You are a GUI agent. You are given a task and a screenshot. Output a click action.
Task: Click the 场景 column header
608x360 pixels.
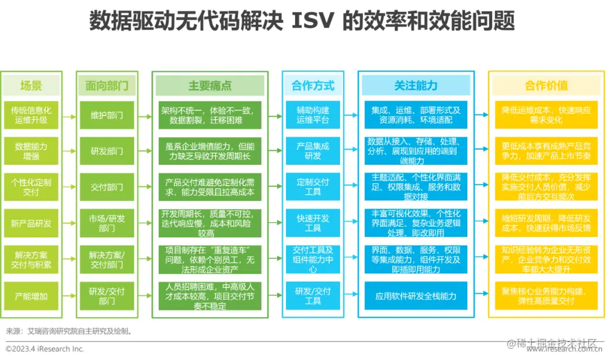pyautogui.click(x=31, y=86)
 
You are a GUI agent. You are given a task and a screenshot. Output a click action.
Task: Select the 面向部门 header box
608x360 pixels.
pyautogui.click(x=107, y=86)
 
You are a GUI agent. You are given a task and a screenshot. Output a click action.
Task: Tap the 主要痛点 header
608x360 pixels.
pyautogui.click(x=210, y=86)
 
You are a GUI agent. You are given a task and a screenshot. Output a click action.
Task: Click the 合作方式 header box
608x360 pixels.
pyautogui.click(x=313, y=86)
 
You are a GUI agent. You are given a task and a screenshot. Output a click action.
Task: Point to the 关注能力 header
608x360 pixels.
pyautogui.click(x=415, y=86)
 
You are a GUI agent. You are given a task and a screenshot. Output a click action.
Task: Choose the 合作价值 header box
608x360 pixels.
pyautogui.click(x=546, y=86)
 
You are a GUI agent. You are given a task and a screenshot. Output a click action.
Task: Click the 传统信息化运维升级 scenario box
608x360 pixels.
pyautogui.click(x=31, y=115)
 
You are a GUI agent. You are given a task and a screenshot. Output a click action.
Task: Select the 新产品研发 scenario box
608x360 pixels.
pyautogui.click(x=31, y=223)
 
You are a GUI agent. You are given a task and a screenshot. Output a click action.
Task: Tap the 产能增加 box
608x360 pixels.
pyautogui.click(x=31, y=295)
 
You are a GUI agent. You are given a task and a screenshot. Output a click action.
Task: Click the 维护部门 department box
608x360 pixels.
pyautogui.click(x=107, y=115)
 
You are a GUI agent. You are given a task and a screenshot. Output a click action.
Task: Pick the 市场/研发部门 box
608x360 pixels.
pyautogui.click(x=107, y=223)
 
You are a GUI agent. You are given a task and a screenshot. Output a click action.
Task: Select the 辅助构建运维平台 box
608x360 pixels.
pyautogui.click(x=313, y=115)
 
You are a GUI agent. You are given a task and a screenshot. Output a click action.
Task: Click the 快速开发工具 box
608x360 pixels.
pyautogui.click(x=313, y=223)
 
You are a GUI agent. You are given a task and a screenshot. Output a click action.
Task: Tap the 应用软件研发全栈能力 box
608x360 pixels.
pyautogui.click(x=415, y=295)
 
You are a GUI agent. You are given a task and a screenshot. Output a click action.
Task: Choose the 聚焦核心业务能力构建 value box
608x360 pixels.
pyautogui.click(x=546, y=295)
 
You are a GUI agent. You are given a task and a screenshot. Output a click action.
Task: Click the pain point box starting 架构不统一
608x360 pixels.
pyautogui.click(x=210, y=115)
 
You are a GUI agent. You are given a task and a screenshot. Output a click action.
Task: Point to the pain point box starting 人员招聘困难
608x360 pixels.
pyautogui.click(x=210, y=295)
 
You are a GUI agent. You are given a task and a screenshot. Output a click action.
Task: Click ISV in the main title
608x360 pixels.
pyautogui.click(x=312, y=21)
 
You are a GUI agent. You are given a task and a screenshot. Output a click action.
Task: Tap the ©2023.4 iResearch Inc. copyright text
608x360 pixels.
pyautogui.click(x=45, y=349)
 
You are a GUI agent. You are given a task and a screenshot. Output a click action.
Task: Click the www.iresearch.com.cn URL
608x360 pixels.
pyautogui.click(x=564, y=349)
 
